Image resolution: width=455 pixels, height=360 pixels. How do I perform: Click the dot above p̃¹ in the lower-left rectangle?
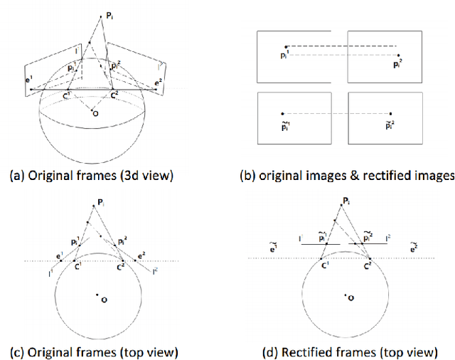[x=282, y=114]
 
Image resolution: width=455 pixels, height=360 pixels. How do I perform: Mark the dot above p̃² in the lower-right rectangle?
[x=390, y=114]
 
